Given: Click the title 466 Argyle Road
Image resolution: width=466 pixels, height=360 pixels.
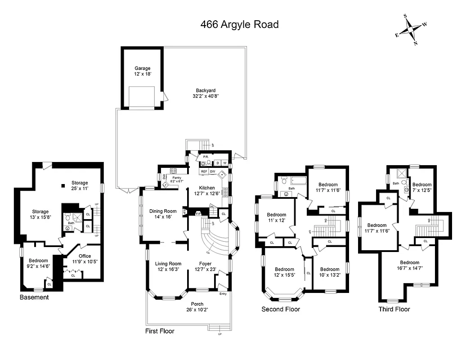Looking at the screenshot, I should click(239, 24).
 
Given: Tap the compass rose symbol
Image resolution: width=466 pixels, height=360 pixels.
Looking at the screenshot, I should click(411, 30).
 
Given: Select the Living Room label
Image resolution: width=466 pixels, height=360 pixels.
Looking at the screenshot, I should click(168, 267).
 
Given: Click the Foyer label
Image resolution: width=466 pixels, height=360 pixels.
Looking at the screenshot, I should click(205, 267).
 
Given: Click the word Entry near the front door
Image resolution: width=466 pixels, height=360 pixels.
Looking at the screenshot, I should click(223, 294).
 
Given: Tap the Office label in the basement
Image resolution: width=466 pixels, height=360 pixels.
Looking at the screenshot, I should click(85, 259).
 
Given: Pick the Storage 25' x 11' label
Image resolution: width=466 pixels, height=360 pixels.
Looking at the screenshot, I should click(80, 186).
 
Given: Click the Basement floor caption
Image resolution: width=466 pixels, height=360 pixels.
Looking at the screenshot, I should click(34, 297).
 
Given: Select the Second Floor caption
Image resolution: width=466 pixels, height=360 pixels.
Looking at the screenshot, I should click(281, 309).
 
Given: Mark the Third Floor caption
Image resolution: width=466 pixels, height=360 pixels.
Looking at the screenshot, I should click(394, 309).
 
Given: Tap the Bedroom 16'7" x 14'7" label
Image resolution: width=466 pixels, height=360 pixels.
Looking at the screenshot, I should click(409, 265).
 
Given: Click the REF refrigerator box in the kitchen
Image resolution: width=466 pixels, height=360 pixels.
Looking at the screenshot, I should click(204, 171).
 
